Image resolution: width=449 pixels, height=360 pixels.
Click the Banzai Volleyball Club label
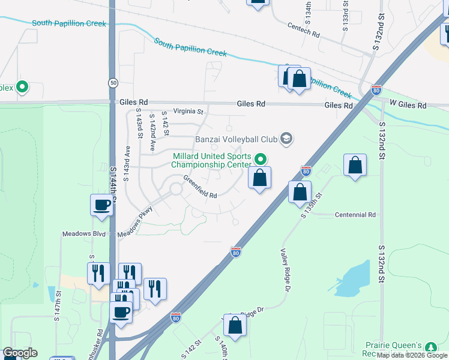(236, 139)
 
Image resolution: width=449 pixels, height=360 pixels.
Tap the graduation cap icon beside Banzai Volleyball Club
(286, 139)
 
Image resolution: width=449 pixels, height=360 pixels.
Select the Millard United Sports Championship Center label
(211, 160)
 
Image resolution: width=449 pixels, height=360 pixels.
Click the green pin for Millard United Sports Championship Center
(261, 160)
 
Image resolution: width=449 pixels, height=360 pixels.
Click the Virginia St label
(189, 111)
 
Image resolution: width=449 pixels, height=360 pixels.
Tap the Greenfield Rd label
(200, 187)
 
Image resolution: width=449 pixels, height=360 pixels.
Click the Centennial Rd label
(355, 214)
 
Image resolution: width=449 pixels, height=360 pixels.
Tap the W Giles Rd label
(408, 106)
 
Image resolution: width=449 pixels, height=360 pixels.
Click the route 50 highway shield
(113, 82)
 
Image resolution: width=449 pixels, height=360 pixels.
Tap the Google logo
(20, 353)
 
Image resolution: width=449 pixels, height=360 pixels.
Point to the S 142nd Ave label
(152, 133)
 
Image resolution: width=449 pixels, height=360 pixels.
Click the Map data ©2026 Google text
(412, 355)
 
